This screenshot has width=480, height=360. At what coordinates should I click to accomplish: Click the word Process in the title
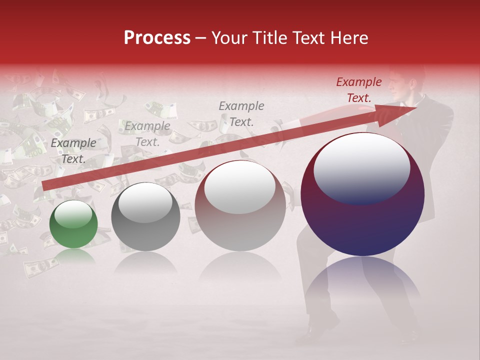click(x=157, y=37)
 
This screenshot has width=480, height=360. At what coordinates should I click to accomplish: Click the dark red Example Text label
click(x=358, y=90)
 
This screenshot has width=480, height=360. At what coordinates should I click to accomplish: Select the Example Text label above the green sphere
click(x=73, y=151)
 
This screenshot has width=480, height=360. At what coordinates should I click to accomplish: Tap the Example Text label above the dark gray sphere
click(x=147, y=134)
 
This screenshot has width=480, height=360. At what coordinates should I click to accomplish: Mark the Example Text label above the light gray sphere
click(x=241, y=113)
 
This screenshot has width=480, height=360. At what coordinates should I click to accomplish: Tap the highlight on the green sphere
click(x=73, y=214)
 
